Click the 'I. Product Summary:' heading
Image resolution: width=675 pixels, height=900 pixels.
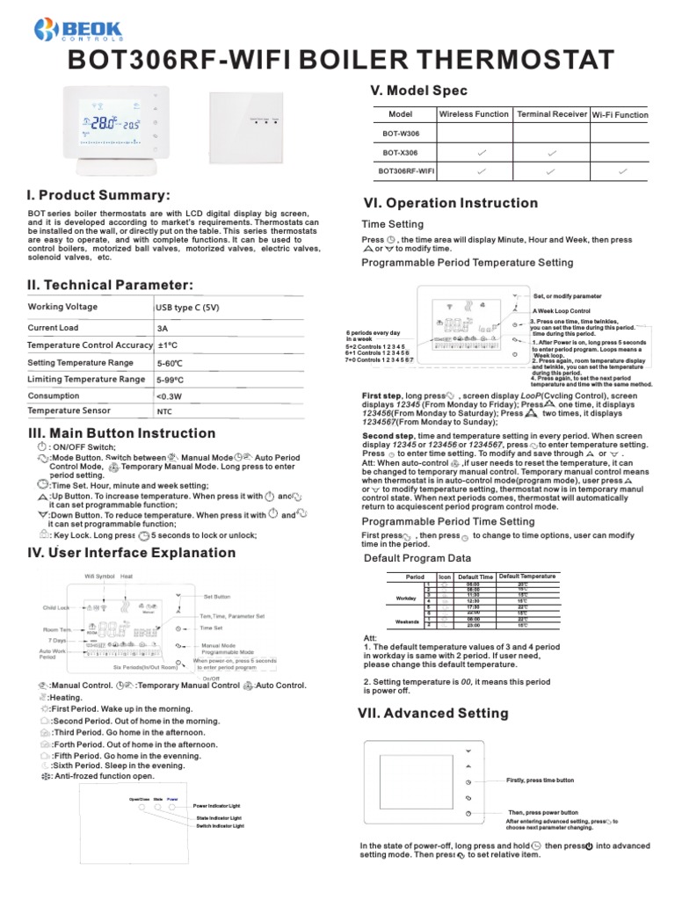tap(99, 194)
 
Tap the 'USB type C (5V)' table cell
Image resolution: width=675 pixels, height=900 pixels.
tap(186, 308)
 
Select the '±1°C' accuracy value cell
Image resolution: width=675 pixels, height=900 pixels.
tap(168, 345)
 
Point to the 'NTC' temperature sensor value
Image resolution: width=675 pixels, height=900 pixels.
tap(164, 411)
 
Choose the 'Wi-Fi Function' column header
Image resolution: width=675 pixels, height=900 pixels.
tap(620, 114)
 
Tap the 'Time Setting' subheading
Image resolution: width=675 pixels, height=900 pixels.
tap(393, 224)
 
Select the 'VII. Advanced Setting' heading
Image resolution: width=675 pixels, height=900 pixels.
tap(433, 713)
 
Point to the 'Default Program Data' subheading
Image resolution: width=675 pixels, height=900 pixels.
tap(417, 558)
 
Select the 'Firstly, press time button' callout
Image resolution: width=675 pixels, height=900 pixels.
tap(541, 780)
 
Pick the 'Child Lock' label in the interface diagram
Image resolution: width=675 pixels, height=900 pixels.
tap(54, 607)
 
